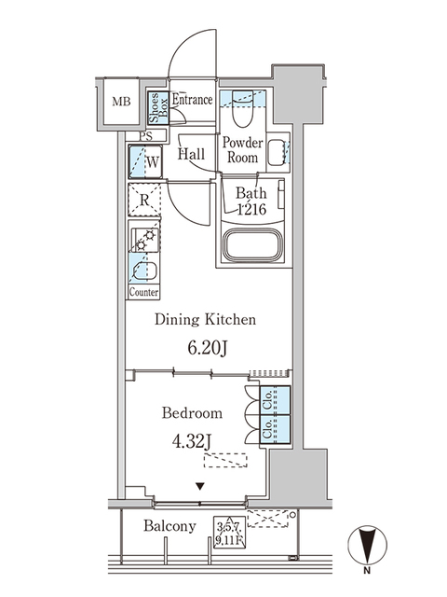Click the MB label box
click(x=122, y=103)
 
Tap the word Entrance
click(x=192, y=100)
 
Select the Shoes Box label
click(x=157, y=109)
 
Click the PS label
click(x=144, y=136)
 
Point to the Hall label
click(x=192, y=155)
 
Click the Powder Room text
click(x=243, y=150)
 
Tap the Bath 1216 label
click(x=250, y=202)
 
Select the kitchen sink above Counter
click(x=144, y=272)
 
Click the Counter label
click(x=143, y=292)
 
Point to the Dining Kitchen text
click(x=205, y=320)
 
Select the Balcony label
click(x=169, y=526)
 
